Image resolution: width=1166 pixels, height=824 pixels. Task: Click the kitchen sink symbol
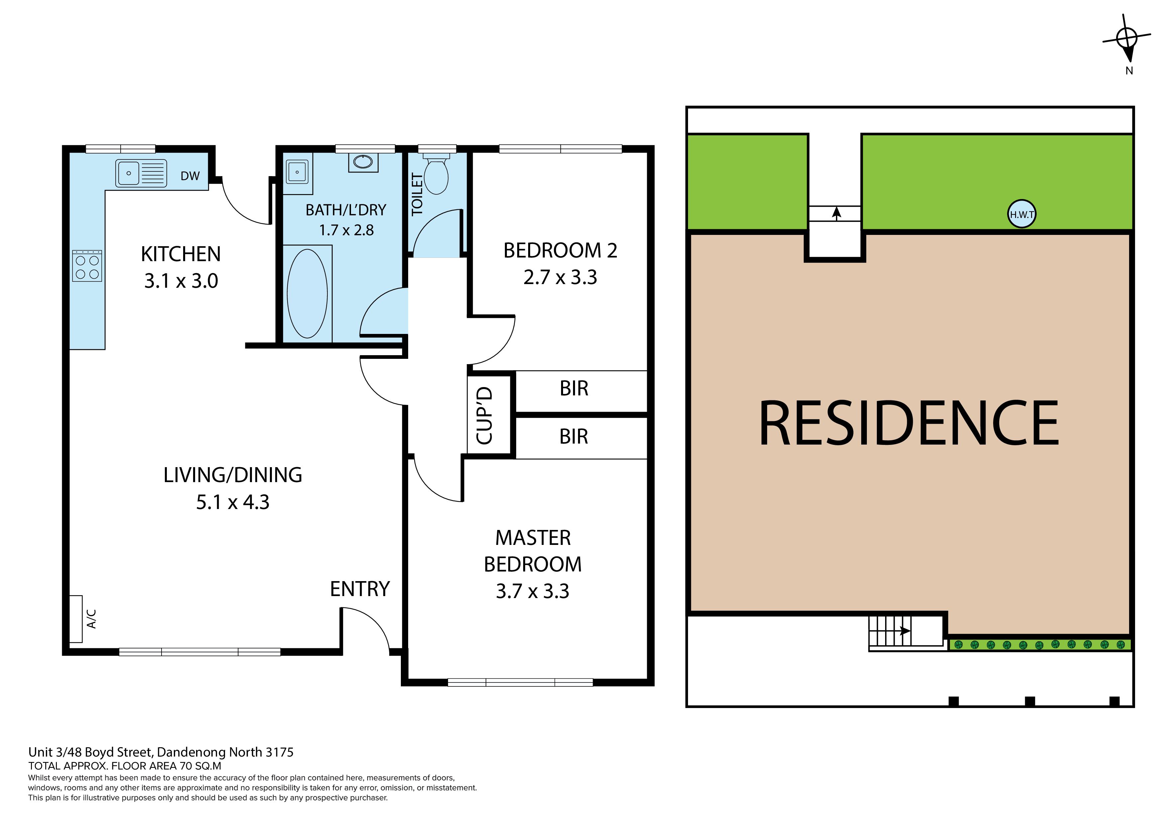click(141, 173)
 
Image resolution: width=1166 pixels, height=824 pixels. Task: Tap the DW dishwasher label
click(190, 176)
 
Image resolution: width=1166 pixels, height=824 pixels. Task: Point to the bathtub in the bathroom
click(307, 293)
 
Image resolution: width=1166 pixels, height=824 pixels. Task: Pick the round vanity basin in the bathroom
click(363, 162)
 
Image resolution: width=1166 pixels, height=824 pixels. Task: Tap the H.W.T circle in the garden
click(1022, 214)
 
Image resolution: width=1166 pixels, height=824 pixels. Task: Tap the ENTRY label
click(360, 589)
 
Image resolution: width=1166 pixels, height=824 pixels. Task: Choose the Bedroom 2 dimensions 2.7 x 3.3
click(560, 277)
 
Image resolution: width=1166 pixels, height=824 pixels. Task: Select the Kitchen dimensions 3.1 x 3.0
click(181, 281)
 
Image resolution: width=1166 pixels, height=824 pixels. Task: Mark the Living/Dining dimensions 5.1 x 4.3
click(233, 502)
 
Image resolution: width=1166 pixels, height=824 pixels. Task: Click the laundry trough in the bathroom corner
click(297, 173)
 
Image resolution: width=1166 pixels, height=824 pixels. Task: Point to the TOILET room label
click(417, 194)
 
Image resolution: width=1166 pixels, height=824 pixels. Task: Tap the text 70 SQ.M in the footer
click(201, 766)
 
